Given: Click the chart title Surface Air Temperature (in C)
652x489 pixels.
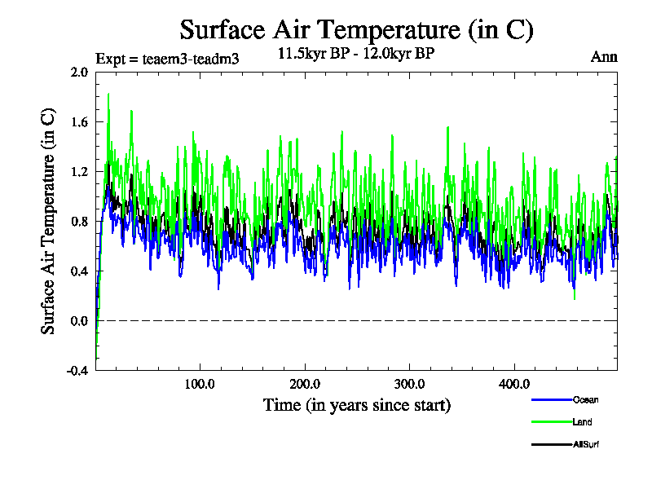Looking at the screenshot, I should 356,30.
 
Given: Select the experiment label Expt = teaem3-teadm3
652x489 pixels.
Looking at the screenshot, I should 167,59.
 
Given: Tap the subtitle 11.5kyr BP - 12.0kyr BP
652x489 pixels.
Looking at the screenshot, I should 356,55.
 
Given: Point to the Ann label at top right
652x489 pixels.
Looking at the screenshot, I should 604,57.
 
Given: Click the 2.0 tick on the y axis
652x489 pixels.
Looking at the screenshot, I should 79,72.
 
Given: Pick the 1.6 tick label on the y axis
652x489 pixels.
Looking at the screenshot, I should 79,121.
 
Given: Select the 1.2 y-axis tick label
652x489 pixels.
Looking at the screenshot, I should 79,171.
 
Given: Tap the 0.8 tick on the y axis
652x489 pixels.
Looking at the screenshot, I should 79,221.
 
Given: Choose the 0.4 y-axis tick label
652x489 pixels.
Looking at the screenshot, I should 79,271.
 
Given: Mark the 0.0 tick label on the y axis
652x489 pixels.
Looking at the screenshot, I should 79,320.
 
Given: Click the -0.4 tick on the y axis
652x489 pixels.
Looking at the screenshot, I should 77,370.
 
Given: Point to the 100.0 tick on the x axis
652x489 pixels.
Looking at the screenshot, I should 200,384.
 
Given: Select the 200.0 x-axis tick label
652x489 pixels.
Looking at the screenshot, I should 305,384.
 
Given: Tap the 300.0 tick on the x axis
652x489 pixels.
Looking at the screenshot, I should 409,384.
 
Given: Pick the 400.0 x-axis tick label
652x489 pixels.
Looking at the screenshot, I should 514,384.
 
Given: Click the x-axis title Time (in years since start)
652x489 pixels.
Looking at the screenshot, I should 356,404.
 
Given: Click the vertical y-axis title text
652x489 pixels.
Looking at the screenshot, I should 49,221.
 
